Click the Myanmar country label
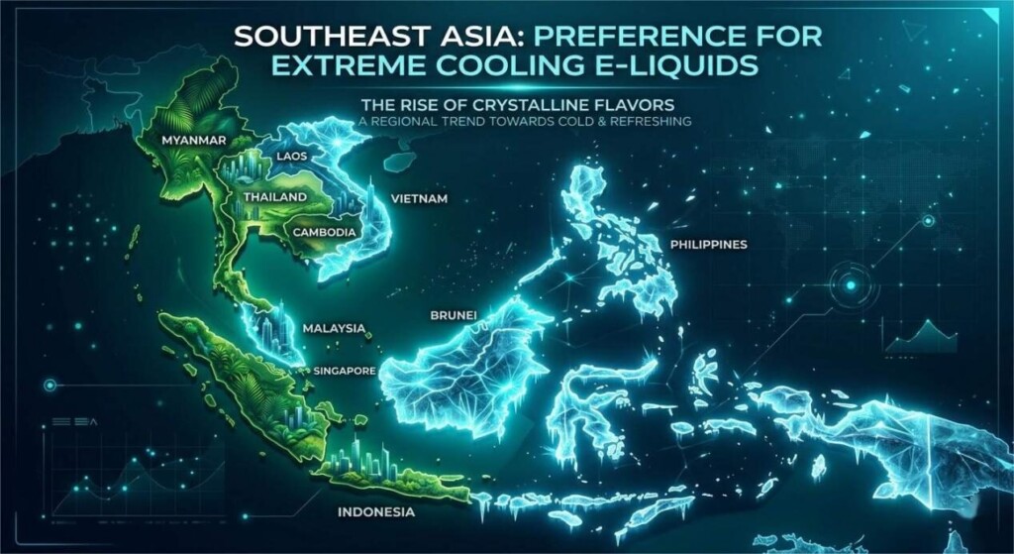click(x=193, y=141)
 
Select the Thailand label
click(x=273, y=196)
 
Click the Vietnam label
click(x=419, y=199)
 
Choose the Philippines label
click(x=708, y=244)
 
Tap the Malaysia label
click(x=334, y=328)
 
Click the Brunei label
click(x=456, y=315)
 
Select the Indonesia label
click(x=375, y=512)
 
